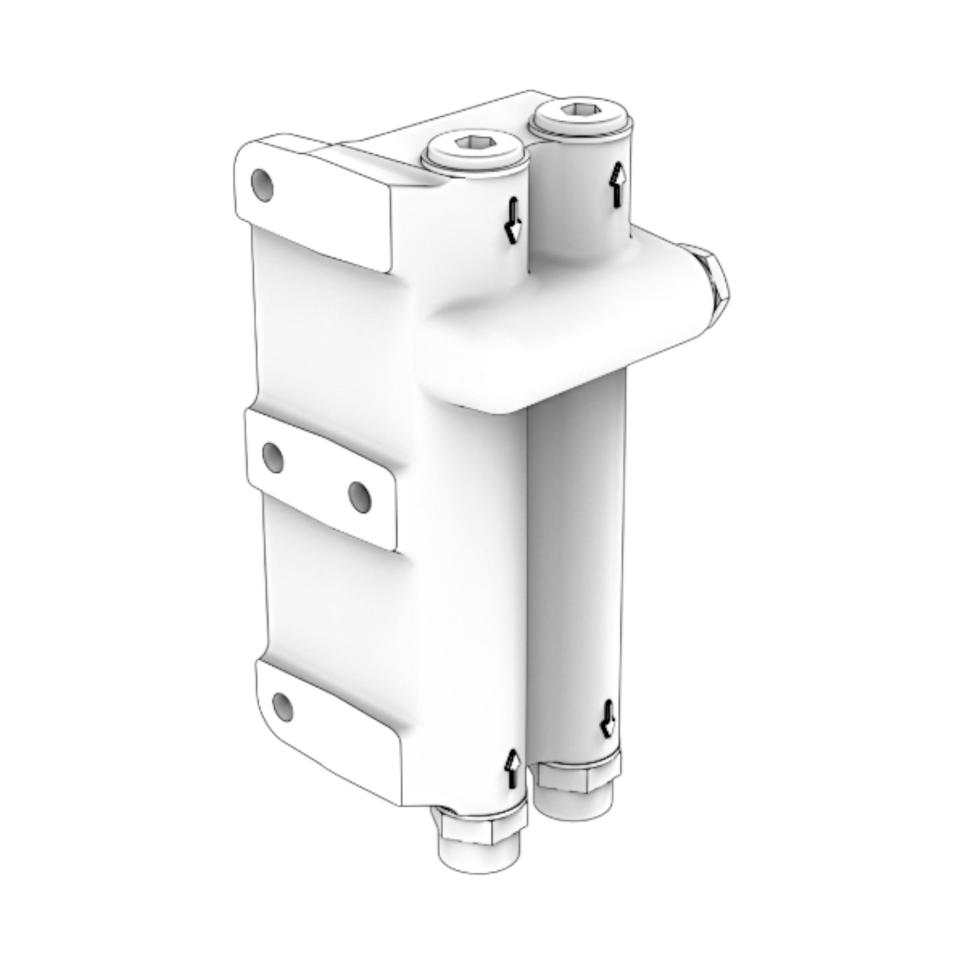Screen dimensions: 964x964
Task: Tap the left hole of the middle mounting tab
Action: pyautogui.click(x=273, y=458)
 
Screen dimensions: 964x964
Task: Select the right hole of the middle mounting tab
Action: pyautogui.click(x=360, y=494)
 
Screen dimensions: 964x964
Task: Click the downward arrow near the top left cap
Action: pyautogui.click(x=512, y=220)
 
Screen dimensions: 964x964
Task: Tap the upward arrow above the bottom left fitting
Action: pyautogui.click(x=512, y=767)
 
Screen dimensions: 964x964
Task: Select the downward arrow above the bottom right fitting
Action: pyautogui.click(x=608, y=718)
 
